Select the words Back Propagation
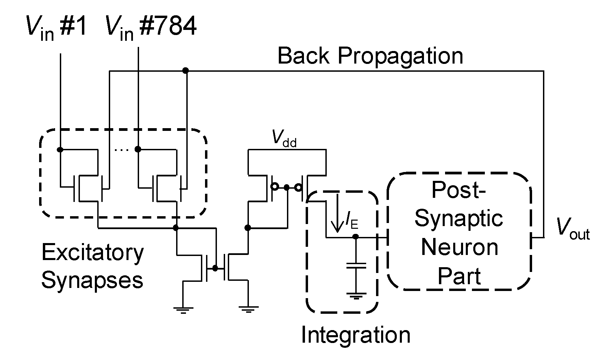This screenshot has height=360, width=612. click(370, 56)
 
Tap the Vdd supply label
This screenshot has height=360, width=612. click(284, 139)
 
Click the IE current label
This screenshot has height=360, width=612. click(352, 222)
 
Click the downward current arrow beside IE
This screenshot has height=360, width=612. click(337, 212)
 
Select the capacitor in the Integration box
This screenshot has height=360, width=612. click(356, 265)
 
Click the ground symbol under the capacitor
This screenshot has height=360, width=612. click(356, 295)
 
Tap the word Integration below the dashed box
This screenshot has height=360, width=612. click(356, 335)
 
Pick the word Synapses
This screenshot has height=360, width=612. click(92, 281)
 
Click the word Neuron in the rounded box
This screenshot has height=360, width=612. click(459, 247)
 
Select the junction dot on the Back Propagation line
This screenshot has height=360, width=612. click(185, 70)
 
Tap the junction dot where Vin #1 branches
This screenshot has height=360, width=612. click(60, 149)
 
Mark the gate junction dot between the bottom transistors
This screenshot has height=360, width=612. click(215, 268)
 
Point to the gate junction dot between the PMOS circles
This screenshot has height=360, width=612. click(287, 187)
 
